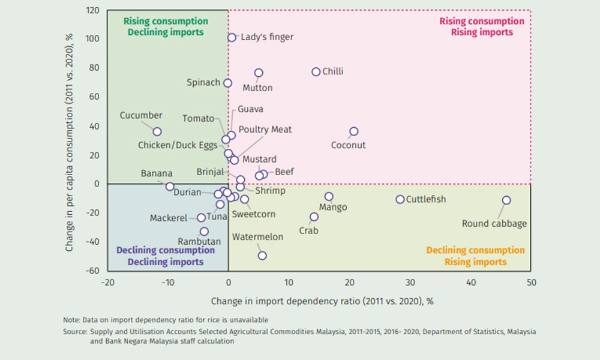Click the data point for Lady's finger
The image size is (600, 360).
[x=232, y=37]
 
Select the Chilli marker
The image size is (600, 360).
[x=316, y=72]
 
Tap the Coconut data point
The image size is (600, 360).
[x=353, y=131]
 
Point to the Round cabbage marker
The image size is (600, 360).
[x=506, y=200]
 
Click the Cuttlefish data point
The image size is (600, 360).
[x=400, y=199]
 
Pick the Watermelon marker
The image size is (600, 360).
[x=262, y=256]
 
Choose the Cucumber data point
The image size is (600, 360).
[x=157, y=131]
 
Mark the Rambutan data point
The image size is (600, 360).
[x=204, y=232]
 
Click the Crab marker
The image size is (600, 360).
[x=314, y=217]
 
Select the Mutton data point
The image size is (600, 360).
[x=259, y=73]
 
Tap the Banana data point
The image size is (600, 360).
[x=170, y=187]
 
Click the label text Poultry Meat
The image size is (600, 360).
[x=265, y=130]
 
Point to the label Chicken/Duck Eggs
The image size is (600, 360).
[x=178, y=145]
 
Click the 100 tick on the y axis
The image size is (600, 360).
[x=92, y=38]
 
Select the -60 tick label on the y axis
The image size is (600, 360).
[x=92, y=271]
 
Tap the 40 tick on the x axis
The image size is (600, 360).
[x=470, y=283]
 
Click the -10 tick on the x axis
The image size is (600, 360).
[x=167, y=283]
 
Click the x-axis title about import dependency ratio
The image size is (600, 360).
[x=322, y=301]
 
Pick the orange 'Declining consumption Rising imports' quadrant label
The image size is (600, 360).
[x=476, y=256]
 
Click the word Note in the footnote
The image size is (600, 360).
[x=71, y=320]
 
